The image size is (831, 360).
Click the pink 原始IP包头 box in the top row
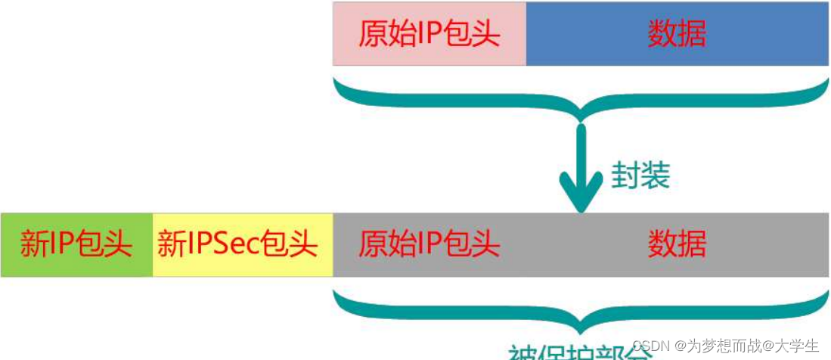click(x=429, y=34)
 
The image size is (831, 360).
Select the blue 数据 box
click(x=677, y=34)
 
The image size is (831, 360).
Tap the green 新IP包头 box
click(x=76, y=245)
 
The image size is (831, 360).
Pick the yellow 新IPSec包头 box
click(x=242, y=245)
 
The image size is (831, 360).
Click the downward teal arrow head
click(x=581, y=195)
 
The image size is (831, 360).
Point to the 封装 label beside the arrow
click(x=640, y=175)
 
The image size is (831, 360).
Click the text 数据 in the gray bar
click(x=677, y=244)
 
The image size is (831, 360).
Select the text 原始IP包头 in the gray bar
click(x=429, y=244)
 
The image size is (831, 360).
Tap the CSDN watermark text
click(x=652, y=346)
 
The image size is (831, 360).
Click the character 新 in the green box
click(x=34, y=245)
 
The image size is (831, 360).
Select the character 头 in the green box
click(x=119, y=245)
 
